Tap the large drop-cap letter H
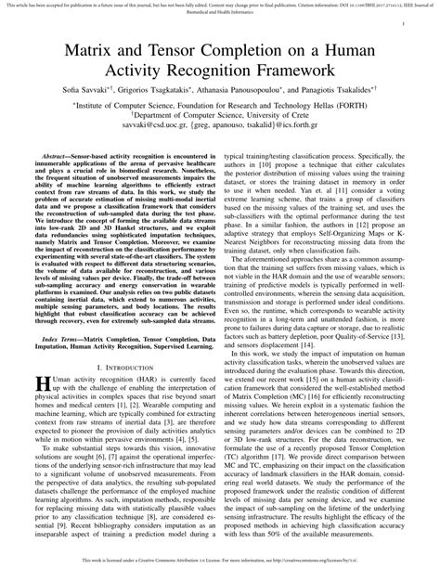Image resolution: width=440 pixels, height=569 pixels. click(41, 409)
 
